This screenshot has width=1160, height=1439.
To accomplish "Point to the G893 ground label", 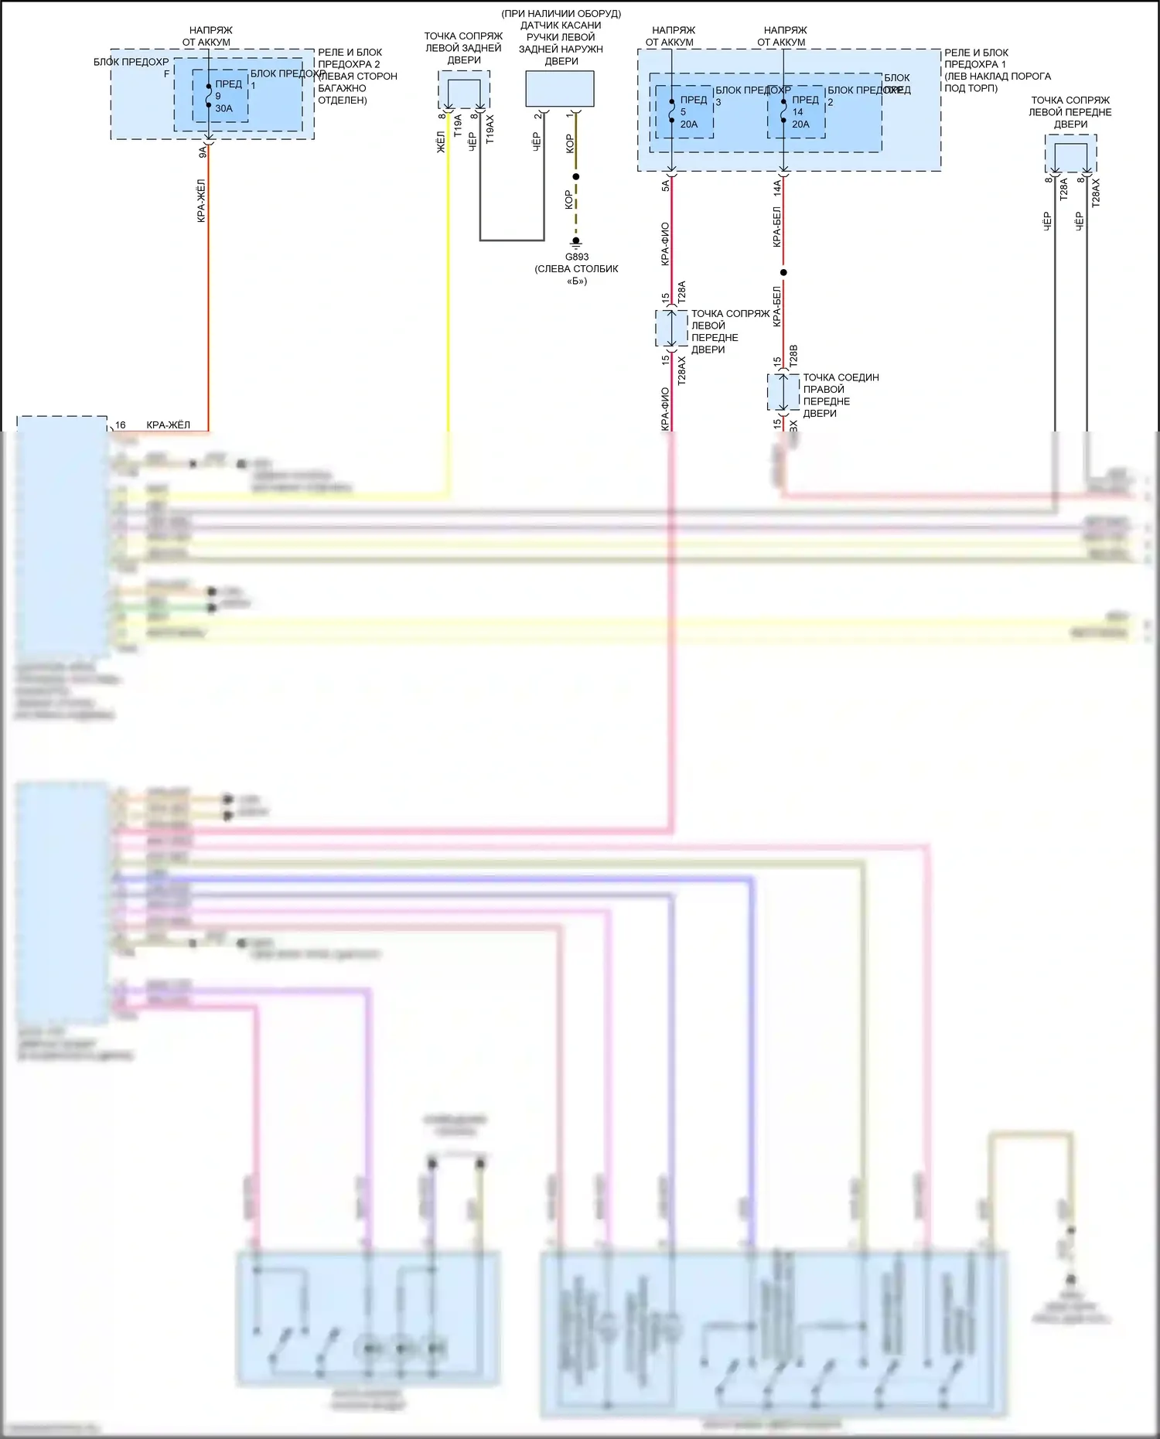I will [x=576, y=257].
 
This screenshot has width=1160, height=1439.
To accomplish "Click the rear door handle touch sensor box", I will [x=560, y=89].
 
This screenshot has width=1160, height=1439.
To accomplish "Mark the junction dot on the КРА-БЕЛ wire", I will [x=783, y=272].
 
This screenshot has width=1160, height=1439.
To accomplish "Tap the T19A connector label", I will [x=458, y=125].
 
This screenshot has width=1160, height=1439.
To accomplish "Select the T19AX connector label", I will [x=490, y=129].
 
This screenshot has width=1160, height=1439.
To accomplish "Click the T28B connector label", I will [x=793, y=356].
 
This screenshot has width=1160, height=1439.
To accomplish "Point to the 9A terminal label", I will [x=203, y=152].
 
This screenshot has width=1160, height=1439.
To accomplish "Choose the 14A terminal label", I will [x=777, y=187].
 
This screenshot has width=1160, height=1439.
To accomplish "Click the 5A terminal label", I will [x=665, y=186].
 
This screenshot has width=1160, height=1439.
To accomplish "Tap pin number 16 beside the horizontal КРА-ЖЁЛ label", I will [x=121, y=425].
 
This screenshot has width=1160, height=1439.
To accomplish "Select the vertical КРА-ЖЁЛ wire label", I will [x=201, y=201].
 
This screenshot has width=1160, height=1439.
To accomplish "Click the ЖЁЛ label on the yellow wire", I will [x=441, y=142].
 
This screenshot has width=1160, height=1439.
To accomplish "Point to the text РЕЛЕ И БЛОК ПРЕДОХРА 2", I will [x=350, y=58].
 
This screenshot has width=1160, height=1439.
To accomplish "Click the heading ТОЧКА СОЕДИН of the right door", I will [x=841, y=377].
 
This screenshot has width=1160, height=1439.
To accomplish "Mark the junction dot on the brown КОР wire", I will [x=575, y=176].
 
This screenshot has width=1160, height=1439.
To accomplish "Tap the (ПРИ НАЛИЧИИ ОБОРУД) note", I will [x=561, y=14].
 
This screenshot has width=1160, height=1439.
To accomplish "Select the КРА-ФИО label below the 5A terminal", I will [x=665, y=244].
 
